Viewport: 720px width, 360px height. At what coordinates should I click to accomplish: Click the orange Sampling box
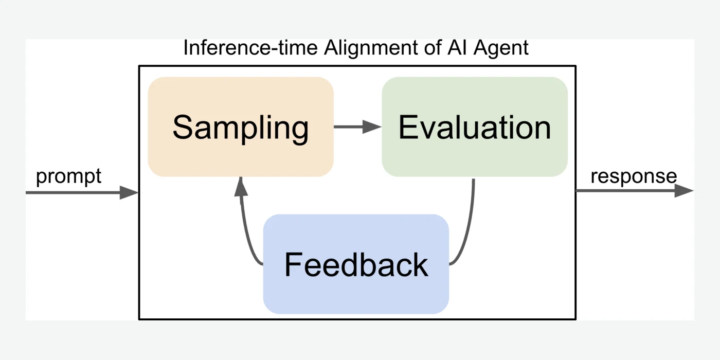[x=241, y=127]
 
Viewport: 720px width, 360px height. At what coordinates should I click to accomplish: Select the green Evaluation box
[x=475, y=127]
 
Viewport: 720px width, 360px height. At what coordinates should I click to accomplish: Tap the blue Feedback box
[x=356, y=264]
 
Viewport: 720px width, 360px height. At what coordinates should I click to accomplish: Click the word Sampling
[x=241, y=129]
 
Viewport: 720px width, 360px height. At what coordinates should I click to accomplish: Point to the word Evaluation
[x=475, y=128]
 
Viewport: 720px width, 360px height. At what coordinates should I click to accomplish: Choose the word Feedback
[x=356, y=264]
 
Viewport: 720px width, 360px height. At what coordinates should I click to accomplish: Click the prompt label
[x=68, y=177]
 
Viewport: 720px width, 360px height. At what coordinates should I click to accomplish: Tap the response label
[x=634, y=177]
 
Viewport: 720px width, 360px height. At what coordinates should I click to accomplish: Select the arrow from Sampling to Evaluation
[x=358, y=127]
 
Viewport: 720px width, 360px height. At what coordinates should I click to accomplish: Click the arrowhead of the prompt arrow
[x=129, y=192]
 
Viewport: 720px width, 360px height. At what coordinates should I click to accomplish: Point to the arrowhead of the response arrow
[x=684, y=191]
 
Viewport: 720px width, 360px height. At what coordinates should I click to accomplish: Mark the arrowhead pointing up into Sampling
[x=241, y=186]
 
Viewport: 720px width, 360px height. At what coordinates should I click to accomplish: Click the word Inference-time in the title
[x=250, y=47]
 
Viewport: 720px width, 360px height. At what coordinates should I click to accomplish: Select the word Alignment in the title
[x=371, y=48]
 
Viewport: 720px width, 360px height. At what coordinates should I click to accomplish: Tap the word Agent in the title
[x=501, y=48]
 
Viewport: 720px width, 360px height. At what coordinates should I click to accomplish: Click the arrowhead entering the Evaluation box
[x=372, y=127]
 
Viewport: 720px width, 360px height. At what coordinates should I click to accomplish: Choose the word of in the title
[x=433, y=47]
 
